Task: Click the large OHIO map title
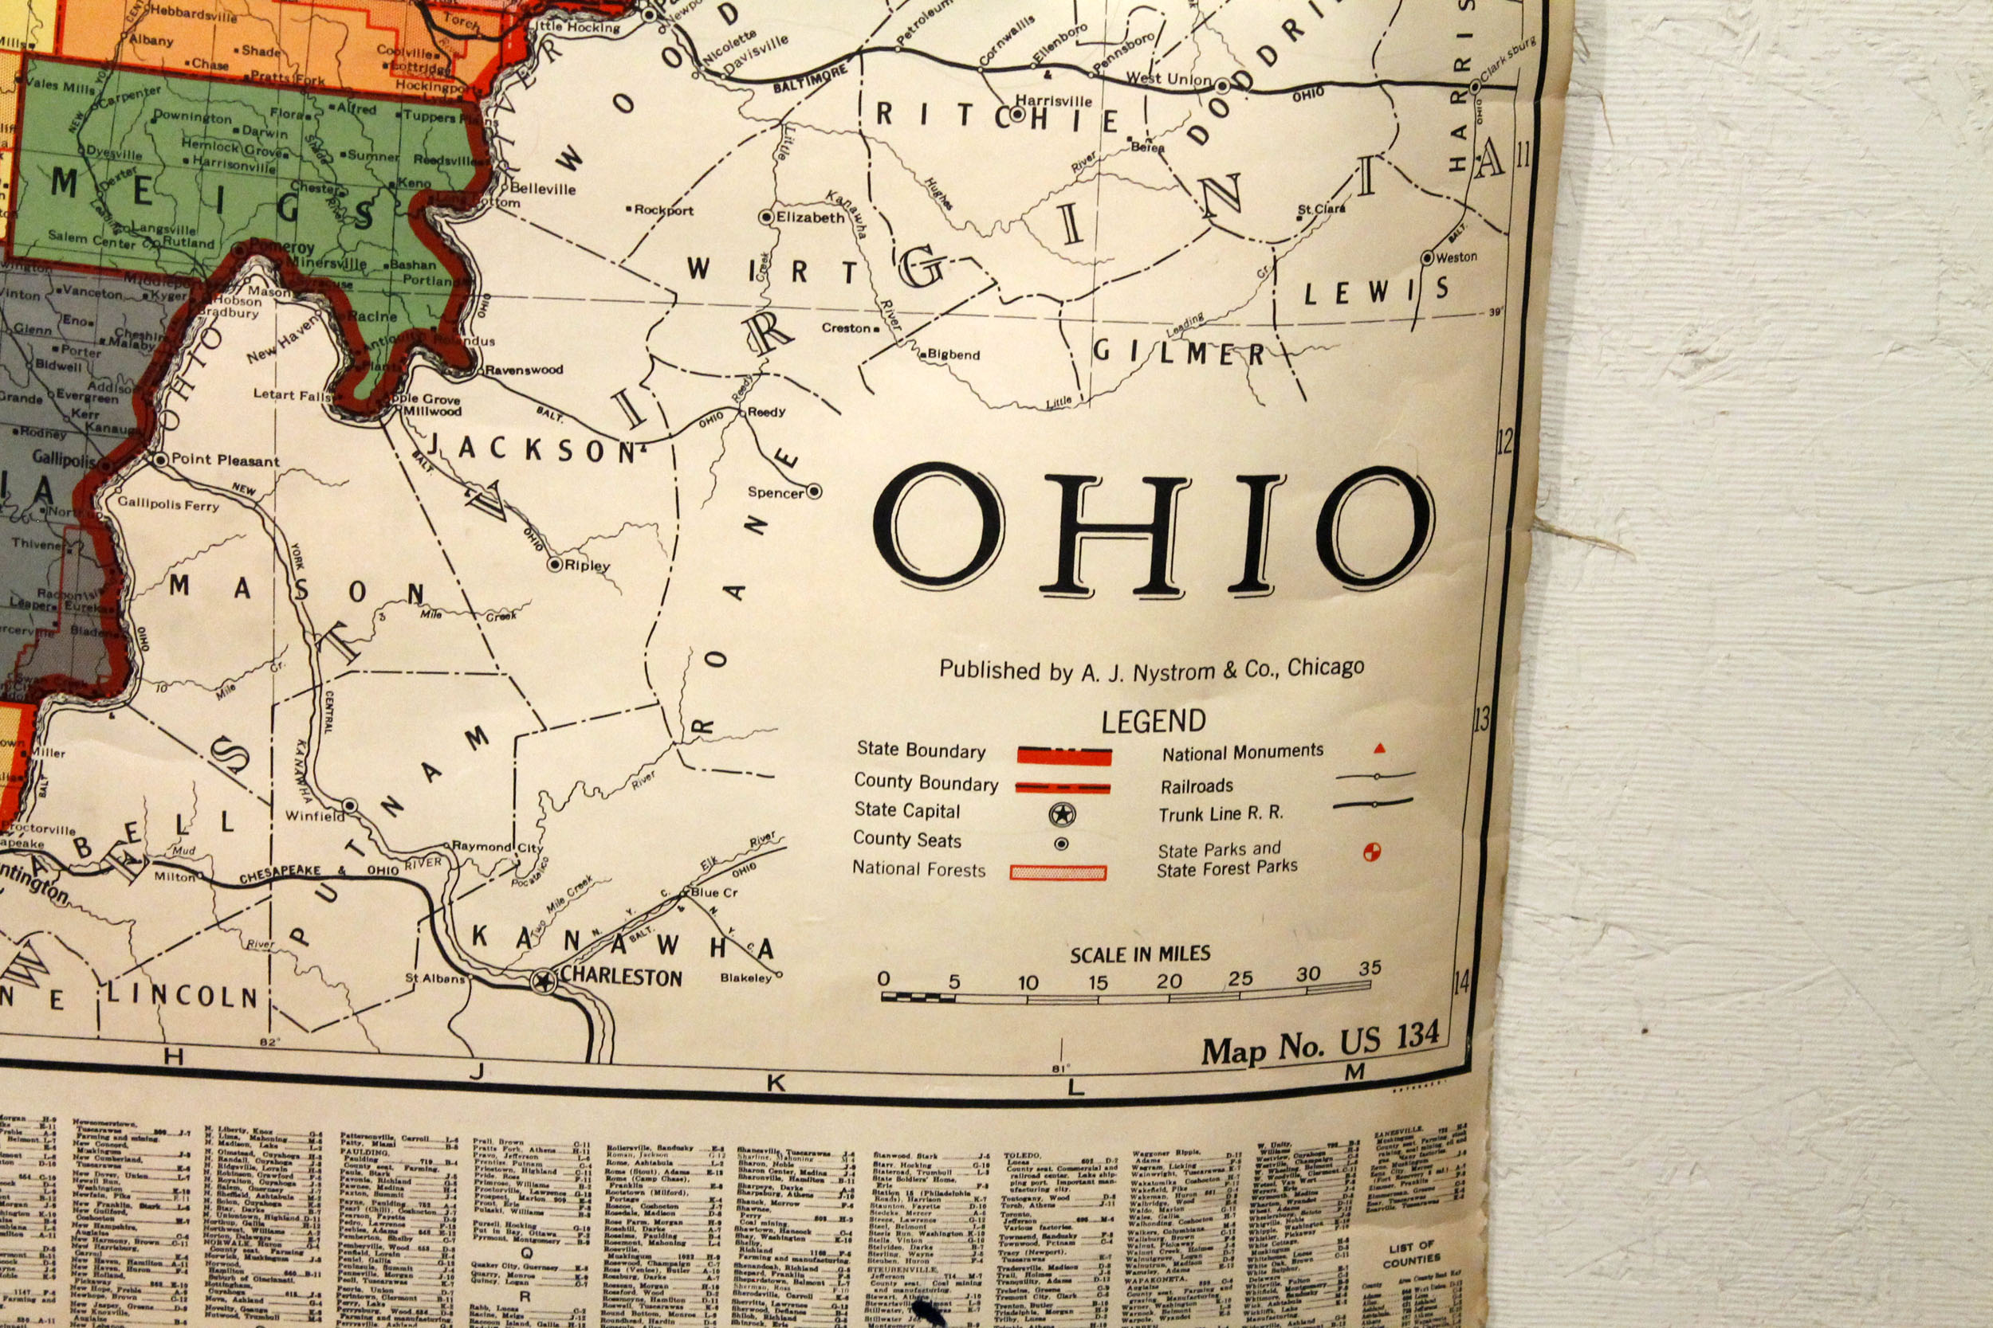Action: pyautogui.click(x=1153, y=529)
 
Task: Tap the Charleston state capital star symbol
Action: pyautogui.click(x=543, y=981)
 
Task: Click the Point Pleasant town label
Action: pyautogui.click(x=225, y=460)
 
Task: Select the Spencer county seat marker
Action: pyautogui.click(x=813, y=491)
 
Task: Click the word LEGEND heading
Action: pyautogui.click(x=1154, y=722)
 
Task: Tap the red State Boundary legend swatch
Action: pyautogui.click(x=1063, y=755)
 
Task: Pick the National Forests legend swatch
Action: pyautogui.click(x=1058, y=872)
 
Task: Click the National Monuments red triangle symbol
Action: pyautogui.click(x=1378, y=748)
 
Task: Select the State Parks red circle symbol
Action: pyautogui.click(x=1371, y=852)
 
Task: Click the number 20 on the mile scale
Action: pyautogui.click(x=1169, y=981)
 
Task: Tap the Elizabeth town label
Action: pyautogui.click(x=811, y=217)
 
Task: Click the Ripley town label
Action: pyautogui.click(x=588, y=565)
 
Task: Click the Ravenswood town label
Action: pyautogui.click(x=524, y=370)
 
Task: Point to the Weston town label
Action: pyautogui.click(x=1456, y=257)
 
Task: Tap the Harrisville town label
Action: pyautogui.click(x=1053, y=101)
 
